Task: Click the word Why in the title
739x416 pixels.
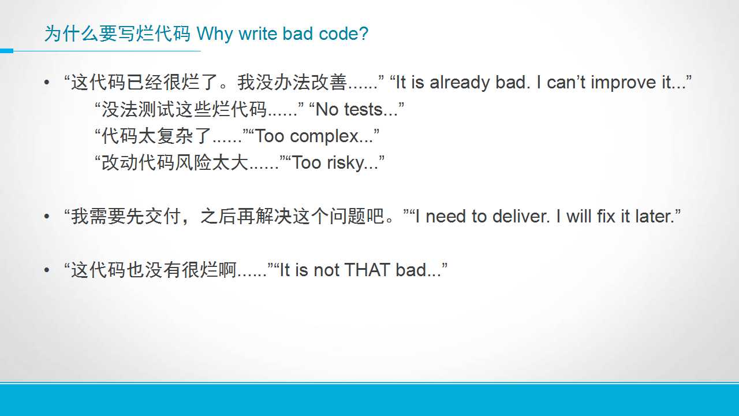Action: point(215,34)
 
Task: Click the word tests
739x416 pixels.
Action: point(364,110)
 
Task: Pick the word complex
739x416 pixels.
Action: point(324,137)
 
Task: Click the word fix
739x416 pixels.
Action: point(606,217)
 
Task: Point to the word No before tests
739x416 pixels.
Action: point(327,110)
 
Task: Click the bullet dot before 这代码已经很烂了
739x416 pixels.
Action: point(47,83)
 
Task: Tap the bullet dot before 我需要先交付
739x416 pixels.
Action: point(47,217)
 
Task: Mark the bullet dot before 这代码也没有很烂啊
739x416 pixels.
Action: point(47,270)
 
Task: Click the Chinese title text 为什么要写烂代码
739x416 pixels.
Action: point(117,34)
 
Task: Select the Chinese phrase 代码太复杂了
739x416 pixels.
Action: point(156,136)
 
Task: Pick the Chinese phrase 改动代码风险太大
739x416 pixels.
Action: point(175,163)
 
